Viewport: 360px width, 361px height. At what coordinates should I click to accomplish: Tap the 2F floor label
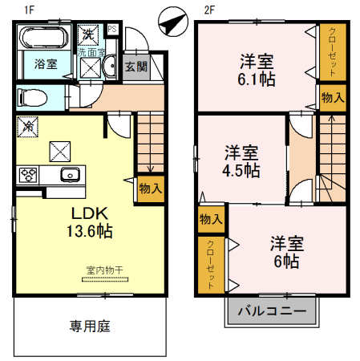[209, 10]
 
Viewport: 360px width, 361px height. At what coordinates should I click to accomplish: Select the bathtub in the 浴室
[44, 38]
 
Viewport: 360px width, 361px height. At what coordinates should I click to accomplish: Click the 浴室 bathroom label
[45, 64]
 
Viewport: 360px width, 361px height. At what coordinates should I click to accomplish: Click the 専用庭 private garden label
[88, 327]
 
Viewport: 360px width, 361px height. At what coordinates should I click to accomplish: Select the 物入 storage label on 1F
[150, 189]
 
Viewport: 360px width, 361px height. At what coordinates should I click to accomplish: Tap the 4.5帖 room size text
[241, 170]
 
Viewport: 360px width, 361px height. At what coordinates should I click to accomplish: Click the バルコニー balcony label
[271, 310]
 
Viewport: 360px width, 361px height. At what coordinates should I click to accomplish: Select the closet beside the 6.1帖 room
[331, 52]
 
